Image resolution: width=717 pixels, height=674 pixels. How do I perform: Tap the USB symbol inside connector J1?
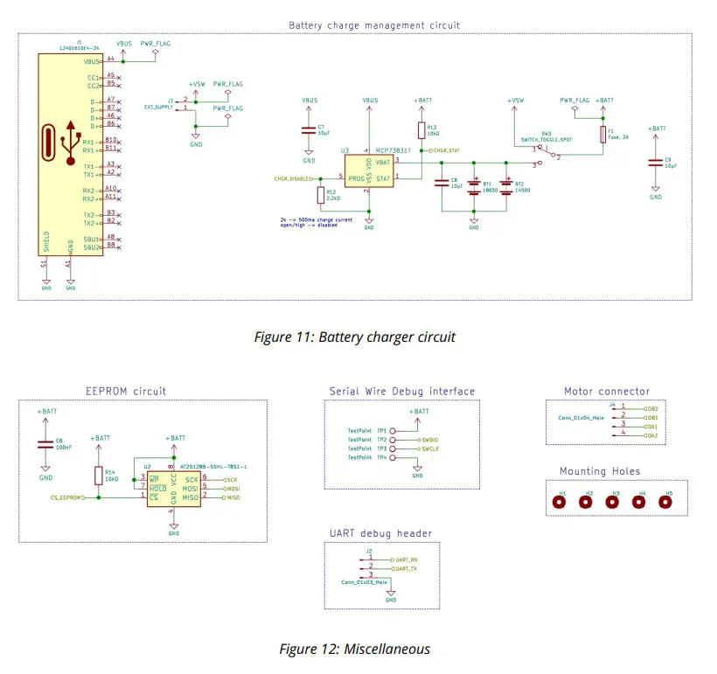[x=67, y=145]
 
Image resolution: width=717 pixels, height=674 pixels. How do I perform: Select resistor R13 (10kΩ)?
[x=421, y=131]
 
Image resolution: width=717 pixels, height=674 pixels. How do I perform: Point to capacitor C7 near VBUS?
[x=309, y=131]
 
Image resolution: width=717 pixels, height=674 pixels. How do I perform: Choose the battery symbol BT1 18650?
[x=474, y=186]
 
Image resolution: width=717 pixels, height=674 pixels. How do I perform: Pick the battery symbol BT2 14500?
[x=506, y=186]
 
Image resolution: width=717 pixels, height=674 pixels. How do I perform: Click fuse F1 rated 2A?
[x=602, y=134]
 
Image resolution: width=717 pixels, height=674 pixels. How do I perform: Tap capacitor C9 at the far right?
[x=656, y=163]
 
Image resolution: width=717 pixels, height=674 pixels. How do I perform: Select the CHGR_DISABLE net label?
[x=293, y=178]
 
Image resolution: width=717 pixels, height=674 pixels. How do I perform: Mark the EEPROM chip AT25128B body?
[x=173, y=488]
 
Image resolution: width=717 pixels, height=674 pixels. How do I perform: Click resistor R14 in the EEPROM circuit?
[x=98, y=475]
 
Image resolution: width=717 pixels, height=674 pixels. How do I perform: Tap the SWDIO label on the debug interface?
[x=430, y=440]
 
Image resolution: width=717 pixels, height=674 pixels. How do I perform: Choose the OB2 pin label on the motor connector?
[x=651, y=408]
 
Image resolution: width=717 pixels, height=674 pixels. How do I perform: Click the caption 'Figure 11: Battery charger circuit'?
[x=354, y=337]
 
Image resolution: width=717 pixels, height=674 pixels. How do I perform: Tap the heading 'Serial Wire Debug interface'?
[x=402, y=391]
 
